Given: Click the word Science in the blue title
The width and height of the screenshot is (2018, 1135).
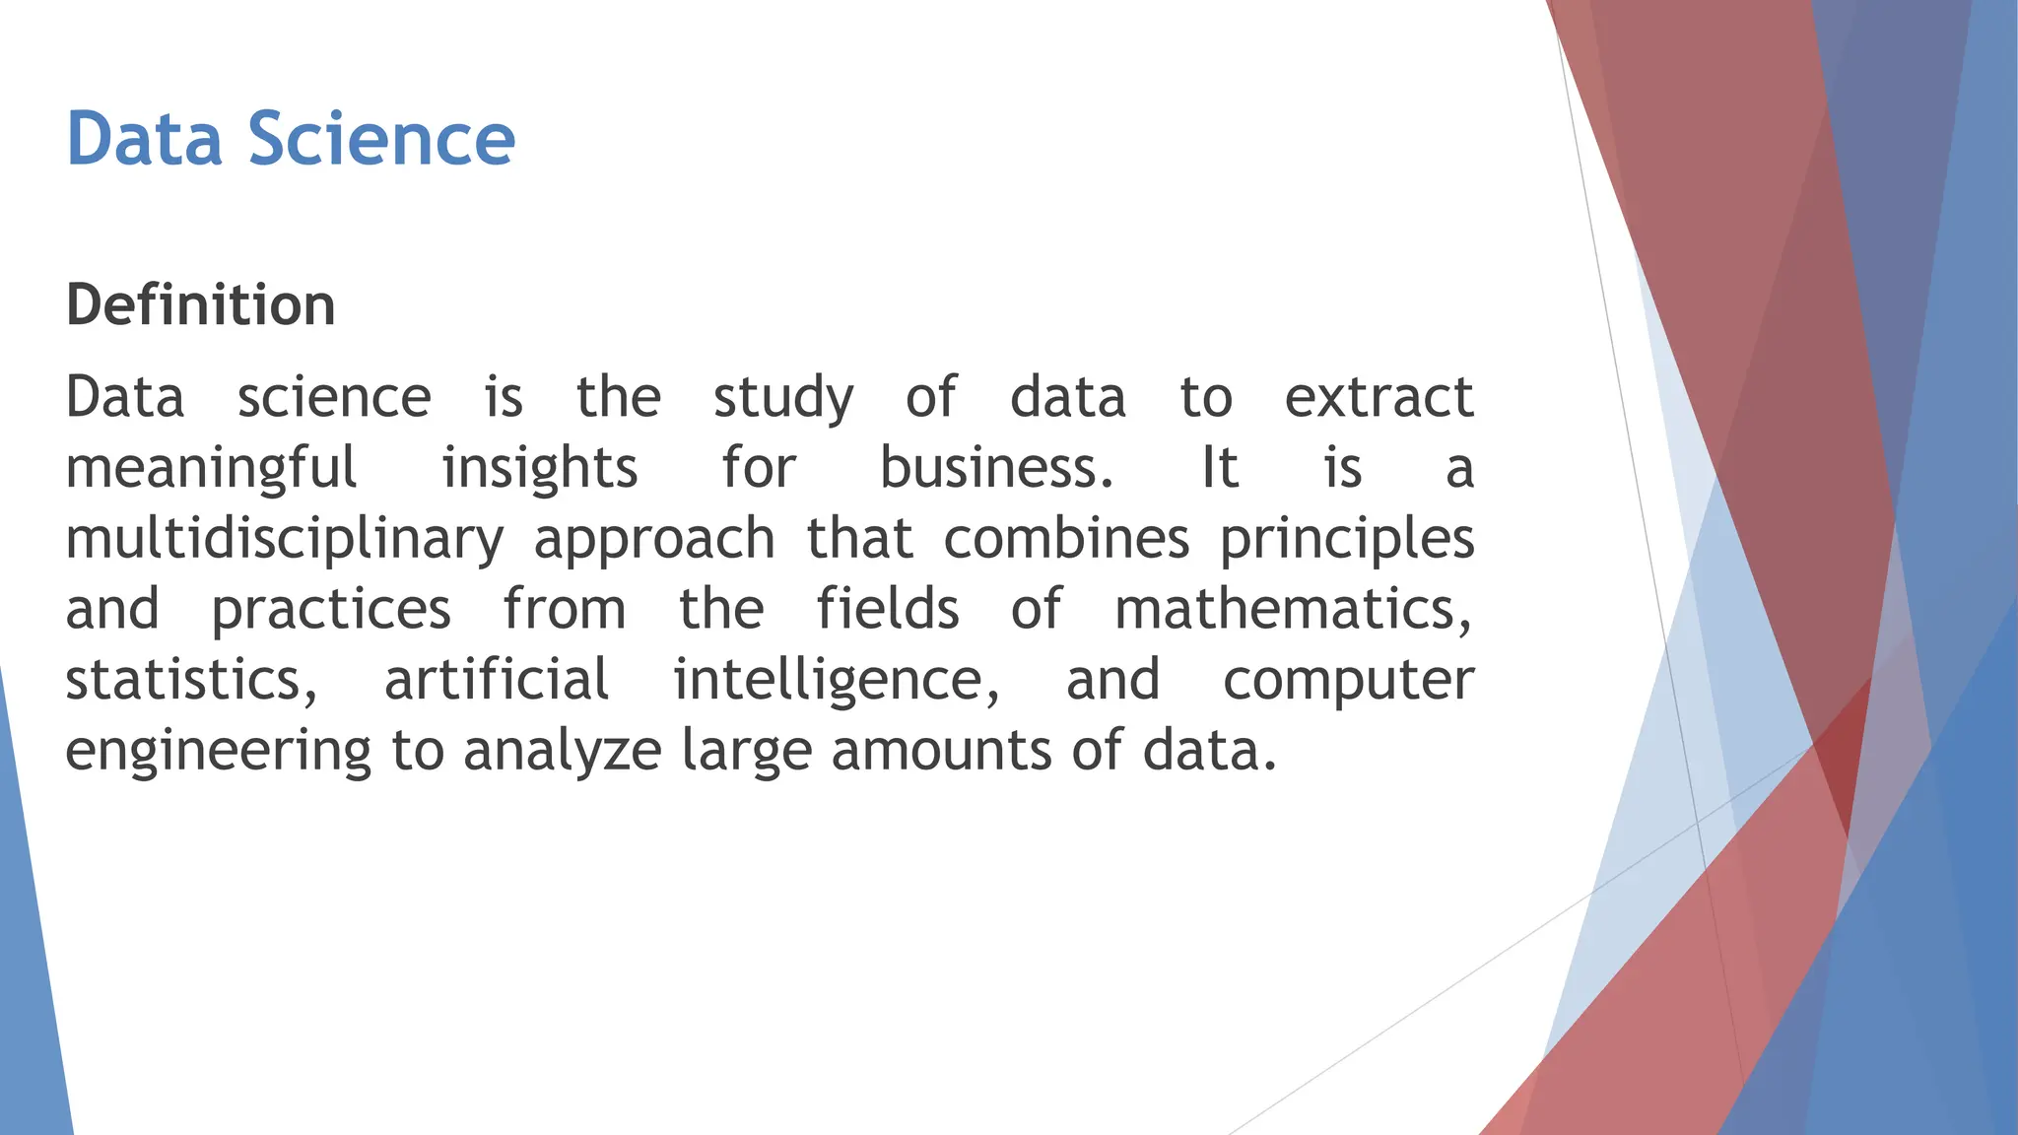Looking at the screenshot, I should pyautogui.click(x=380, y=139).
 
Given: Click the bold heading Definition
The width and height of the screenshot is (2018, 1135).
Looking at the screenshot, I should pyautogui.click(x=201, y=304).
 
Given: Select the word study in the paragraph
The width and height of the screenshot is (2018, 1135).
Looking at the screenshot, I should pyautogui.click(x=783, y=398).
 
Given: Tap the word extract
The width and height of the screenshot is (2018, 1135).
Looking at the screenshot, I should pyautogui.click(x=1379, y=397).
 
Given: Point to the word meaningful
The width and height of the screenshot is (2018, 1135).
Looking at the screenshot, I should pyautogui.click(x=211, y=469).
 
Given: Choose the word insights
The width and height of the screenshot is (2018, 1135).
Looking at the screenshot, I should pyautogui.click(x=539, y=469).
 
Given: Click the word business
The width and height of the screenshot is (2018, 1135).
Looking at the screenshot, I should pyautogui.click(x=995, y=467).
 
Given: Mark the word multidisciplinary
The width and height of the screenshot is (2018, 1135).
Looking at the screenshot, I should pyautogui.click(x=284, y=540).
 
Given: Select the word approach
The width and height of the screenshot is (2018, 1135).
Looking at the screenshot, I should pyautogui.click(x=654, y=540).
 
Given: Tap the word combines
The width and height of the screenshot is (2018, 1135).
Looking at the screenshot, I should pyautogui.click(x=1066, y=538).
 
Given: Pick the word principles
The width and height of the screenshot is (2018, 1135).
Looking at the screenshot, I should pyautogui.click(x=1347, y=540).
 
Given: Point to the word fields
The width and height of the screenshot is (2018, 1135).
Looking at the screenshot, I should pyautogui.click(x=888, y=608).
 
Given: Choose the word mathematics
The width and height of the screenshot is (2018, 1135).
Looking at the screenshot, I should pyautogui.click(x=1293, y=609).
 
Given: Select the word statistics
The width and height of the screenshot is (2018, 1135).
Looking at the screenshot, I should pyautogui.click(x=191, y=680).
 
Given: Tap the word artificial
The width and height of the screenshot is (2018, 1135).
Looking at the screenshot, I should pyautogui.click(x=497, y=680).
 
